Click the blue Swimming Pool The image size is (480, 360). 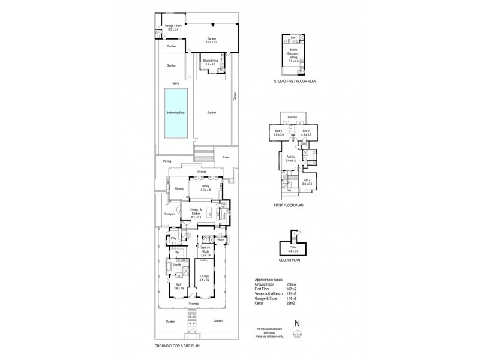pos(176,112)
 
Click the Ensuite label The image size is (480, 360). pos(177,264)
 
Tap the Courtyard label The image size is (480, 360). pos(169,214)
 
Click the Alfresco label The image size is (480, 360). pos(179,189)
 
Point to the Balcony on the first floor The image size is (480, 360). pos(293,117)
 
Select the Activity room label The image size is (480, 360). pos(292,158)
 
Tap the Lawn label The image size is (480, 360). pos(226,157)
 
